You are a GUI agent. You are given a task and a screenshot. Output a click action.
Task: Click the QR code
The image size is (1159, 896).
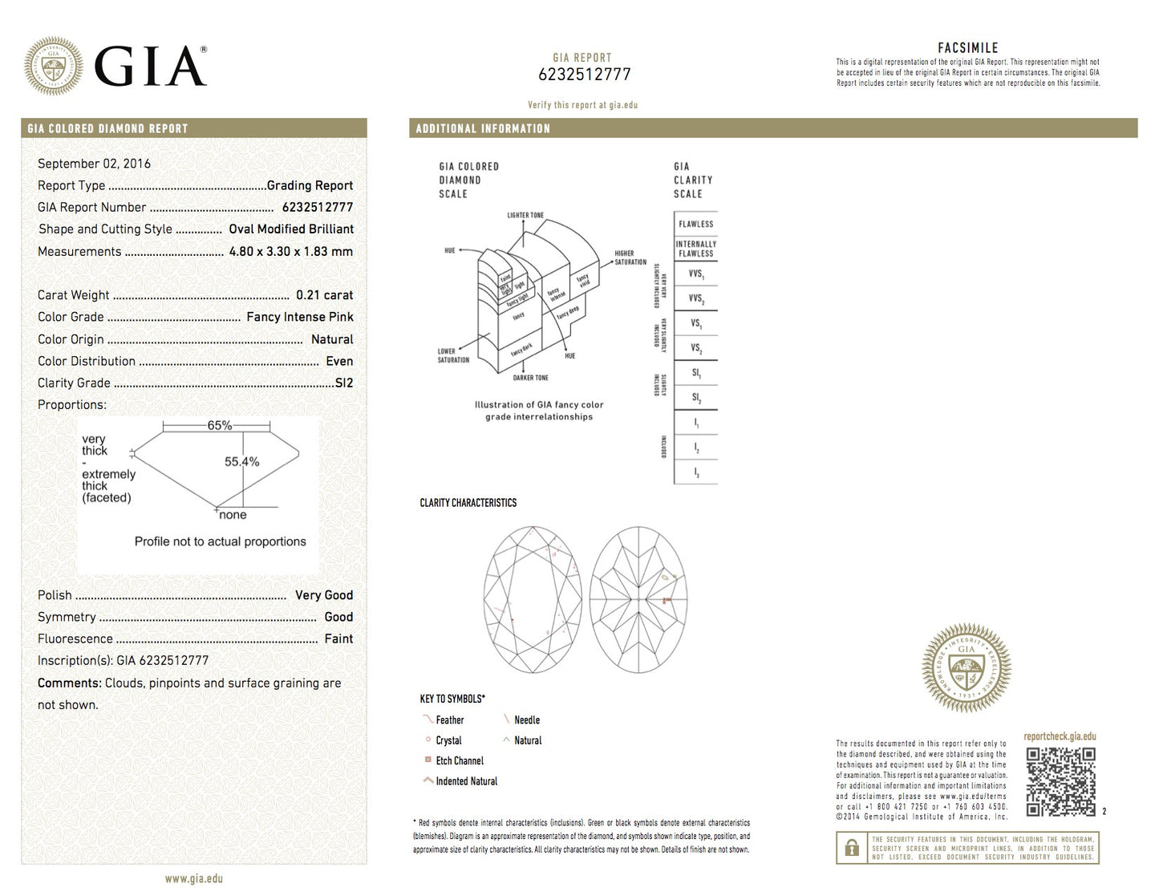(x=1060, y=781)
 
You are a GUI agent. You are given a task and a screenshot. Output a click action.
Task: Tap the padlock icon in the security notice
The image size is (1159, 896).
(x=852, y=847)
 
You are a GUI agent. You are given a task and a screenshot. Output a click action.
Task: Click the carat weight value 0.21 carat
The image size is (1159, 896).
(x=324, y=295)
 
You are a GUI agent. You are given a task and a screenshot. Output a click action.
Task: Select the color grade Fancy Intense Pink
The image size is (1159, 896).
(x=299, y=317)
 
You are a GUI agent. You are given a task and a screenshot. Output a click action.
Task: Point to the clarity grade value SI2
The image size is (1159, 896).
(x=343, y=383)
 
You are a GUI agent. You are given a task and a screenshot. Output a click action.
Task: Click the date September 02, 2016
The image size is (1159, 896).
(x=94, y=164)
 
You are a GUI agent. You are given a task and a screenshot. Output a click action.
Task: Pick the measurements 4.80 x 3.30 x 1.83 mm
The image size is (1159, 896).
(x=290, y=251)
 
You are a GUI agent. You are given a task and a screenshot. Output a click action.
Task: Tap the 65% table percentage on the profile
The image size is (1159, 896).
(x=219, y=425)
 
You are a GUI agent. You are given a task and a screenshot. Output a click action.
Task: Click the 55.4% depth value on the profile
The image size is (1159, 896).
(x=241, y=461)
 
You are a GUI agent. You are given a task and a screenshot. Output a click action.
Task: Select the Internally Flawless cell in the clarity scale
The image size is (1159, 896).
(x=695, y=249)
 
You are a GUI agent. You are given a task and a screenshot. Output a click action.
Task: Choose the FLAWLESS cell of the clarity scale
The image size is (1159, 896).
(x=695, y=224)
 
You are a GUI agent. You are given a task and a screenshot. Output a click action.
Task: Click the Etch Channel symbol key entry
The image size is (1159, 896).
(x=459, y=760)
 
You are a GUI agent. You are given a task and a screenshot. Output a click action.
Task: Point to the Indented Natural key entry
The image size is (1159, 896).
(x=466, y=781)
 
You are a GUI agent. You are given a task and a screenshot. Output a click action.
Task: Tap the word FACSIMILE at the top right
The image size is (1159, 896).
(x=967, y=48)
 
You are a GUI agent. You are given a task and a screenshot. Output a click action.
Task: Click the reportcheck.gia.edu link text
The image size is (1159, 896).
(x=1060, y=736)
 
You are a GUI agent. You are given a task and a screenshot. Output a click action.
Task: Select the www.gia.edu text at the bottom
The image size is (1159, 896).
(x=194, y=878)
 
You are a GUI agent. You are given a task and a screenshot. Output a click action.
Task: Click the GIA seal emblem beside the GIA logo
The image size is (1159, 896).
(x=53, y=66)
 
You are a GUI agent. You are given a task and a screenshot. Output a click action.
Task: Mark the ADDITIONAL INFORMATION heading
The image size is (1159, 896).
(x=483, y=128)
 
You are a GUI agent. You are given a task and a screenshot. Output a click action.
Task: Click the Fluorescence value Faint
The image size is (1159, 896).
(x=338, y=639)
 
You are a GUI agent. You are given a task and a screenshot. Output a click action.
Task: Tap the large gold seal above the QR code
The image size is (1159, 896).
(x=967, y=667)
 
